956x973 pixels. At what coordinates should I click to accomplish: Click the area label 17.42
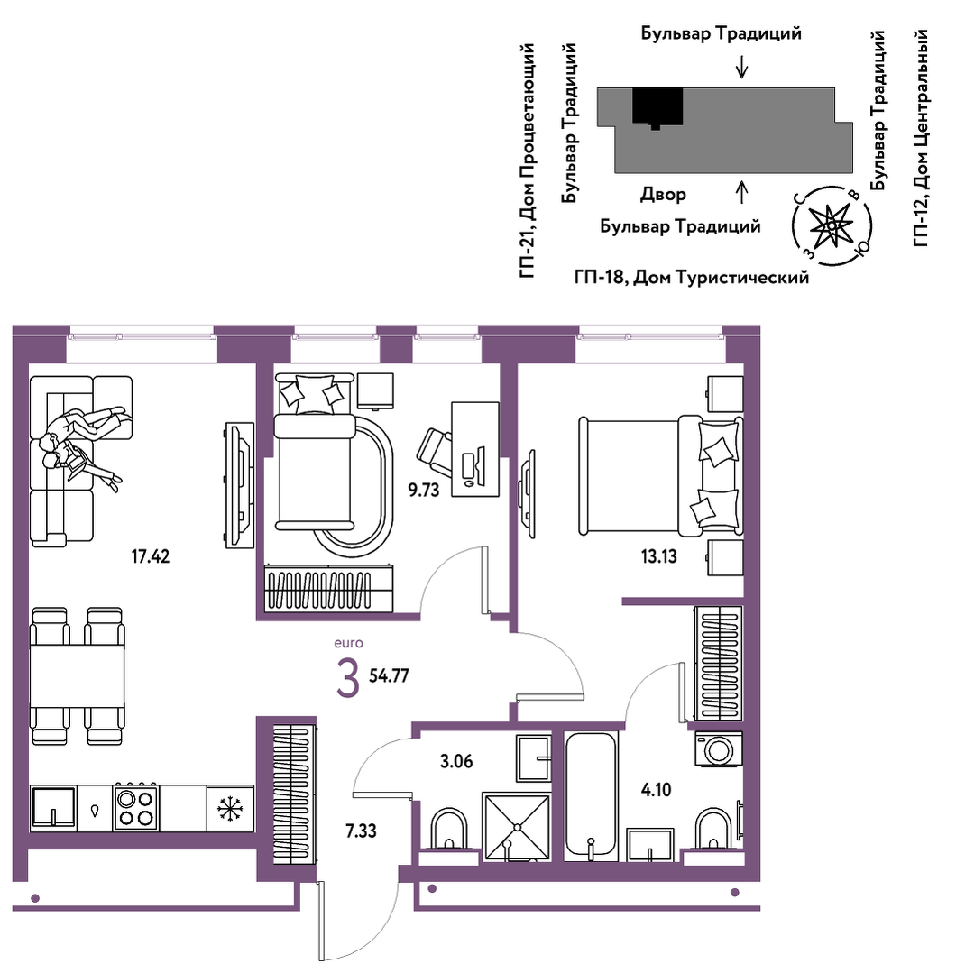click(x=151, y=556)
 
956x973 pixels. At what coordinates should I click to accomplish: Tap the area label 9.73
click(x=423, y=491)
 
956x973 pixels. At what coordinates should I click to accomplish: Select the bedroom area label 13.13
click(x=658, y=556)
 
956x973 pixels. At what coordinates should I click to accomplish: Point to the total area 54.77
click(x=390, y=675)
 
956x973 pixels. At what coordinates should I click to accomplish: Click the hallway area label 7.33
click(x=362, y=831)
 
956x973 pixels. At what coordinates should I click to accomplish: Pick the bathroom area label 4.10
click(x=657, y=790)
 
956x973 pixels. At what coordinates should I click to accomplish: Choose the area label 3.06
click(x=456, y=761)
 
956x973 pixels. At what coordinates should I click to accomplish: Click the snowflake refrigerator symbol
click(x=230, y=809)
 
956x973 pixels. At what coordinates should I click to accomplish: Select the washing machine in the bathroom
click(x=719, y=749)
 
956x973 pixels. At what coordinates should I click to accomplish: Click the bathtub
click(x=591, y=796)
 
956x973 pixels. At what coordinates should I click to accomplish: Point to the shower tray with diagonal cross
click(x=517, y=827)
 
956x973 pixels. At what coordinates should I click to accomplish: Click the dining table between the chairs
click(x=78, y=675)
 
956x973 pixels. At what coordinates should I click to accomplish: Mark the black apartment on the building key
click(x=657, y=107)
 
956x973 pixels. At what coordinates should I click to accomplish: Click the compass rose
click(x=832, y=225)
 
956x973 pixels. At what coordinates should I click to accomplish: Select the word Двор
click(x=663, y=195)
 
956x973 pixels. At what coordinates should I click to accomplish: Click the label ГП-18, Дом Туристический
click(x=692, y=277)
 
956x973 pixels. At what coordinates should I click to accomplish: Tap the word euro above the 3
click(x=348, y=644)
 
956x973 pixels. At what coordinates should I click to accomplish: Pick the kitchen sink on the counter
click(x=53, y=807)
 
